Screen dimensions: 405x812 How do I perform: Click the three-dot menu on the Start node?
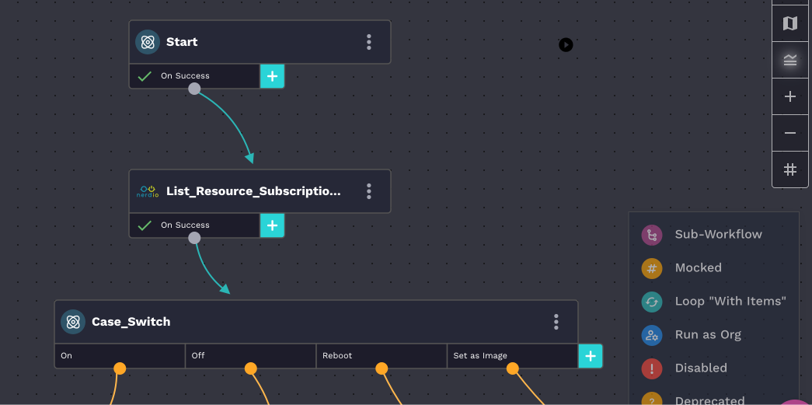click(369, 42)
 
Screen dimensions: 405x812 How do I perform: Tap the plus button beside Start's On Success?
click(272, 76)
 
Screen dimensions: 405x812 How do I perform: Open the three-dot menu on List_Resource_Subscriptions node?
click(369, 191)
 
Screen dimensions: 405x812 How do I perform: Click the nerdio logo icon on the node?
click(148, 191)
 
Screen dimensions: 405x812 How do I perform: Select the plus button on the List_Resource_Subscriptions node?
click(272, 225)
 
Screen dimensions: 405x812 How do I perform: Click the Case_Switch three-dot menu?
click(556, 322)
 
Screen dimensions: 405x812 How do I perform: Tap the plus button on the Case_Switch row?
click(591, 356)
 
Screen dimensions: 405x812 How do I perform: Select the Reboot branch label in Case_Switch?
click(337, 356)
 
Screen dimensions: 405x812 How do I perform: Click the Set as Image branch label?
click(480, 356)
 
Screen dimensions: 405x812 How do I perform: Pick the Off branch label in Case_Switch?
click(198, 356)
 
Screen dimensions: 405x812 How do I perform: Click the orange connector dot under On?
click(120, 368)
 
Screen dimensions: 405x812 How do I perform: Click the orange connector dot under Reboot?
click(382, 368)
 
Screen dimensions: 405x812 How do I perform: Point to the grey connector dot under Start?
click(194, 89)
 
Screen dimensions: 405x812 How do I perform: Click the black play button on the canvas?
click(566, 45)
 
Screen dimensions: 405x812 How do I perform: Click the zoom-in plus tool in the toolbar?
click(790, 97)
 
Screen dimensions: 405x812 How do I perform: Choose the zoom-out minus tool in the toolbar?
click(790, 133)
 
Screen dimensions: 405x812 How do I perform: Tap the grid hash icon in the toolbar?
click(790, 169)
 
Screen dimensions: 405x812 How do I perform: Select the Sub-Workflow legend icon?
click(652, 235)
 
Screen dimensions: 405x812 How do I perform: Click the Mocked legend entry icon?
click(652, 268)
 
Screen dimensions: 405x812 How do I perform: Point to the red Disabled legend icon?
click(652, 368)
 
